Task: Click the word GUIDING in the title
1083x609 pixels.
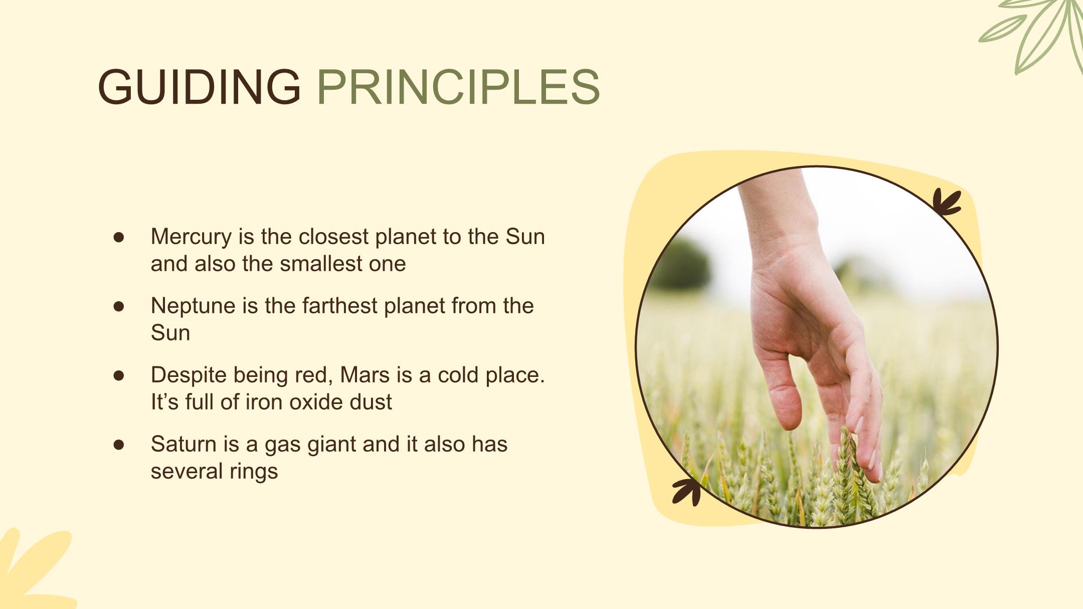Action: tap(199, 87)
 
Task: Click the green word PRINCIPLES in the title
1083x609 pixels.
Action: tap(458, 87)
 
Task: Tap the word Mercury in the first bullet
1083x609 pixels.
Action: tap(191, 237)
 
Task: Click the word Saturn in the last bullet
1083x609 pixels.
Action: tap(184, 444)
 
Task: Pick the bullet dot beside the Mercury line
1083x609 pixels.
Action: tap(119, 237)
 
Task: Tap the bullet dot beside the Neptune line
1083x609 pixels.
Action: tap(119, 306)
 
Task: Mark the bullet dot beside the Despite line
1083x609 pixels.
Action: tap(119, 375)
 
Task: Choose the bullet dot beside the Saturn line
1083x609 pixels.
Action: tap(119, 445)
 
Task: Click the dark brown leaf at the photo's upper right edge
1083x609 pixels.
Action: tap(947, 202)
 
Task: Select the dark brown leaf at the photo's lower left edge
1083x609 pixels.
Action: tap(687, 491)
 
